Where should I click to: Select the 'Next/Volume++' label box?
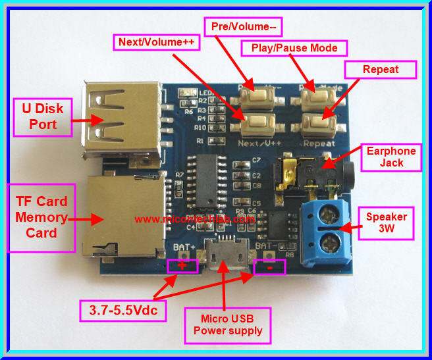point(156,43)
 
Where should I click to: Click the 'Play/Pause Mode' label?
point(294,48)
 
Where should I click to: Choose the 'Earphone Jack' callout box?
point(391,157)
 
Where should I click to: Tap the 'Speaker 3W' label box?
point(387,222)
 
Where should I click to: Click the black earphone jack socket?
point(316,172)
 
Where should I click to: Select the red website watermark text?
point(194,219)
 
